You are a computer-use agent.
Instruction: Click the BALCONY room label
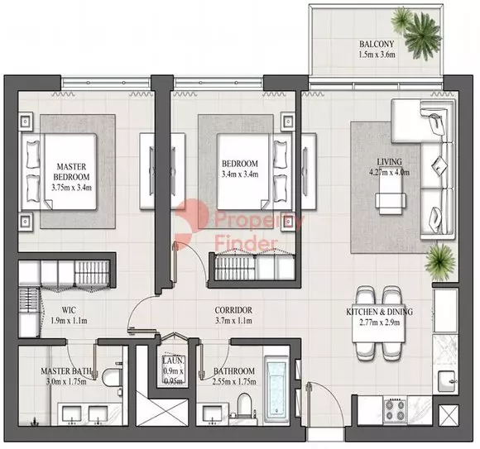click(x=377, y=44)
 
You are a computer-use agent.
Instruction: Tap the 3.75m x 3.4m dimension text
click(x=72, y=188)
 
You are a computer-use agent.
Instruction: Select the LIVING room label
click(x=390, y=162)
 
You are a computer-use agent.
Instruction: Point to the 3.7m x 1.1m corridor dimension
click(x=233, y=321)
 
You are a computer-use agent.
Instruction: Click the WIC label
click(x=69, y=310)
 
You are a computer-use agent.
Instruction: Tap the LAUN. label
click(x=173, y=361)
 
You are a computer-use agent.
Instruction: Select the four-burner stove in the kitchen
click(x=395, y=410)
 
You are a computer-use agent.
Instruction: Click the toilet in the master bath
click(x=111, y=377)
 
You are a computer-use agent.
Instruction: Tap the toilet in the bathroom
click(x=244, y=405)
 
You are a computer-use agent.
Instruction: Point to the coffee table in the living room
click(x=391, y=196)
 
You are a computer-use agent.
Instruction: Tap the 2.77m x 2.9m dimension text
click(x=379, y=322)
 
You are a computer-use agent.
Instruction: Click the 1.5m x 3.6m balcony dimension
click(x=377, y=55)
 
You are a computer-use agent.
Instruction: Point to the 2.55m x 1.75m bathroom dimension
click(x=234, y=381)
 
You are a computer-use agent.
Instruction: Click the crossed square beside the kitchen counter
click(x=449, y=415)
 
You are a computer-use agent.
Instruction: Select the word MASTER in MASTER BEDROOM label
click(x=72, y=167)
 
